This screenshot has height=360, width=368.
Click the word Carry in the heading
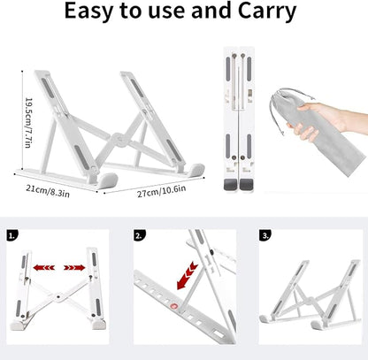click(x=266, y=11)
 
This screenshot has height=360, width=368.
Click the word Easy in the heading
click(x=88, y=11)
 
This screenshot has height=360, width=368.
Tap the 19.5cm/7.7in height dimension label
click(x=28, y=123)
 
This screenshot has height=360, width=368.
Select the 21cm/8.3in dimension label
click(x=48, y=191)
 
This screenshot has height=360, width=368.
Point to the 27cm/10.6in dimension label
click(x=161, y=191)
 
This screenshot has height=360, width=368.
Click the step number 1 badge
click(x=12, y=235)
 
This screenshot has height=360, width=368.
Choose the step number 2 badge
click(x=140, y=235)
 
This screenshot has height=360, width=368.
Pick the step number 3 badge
click(x=265, y=235)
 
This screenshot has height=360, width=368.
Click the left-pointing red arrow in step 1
click(x=44, y=268)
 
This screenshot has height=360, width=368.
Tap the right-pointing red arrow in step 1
click(x=74, y=268)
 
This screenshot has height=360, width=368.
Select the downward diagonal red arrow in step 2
click(x=187, y=275)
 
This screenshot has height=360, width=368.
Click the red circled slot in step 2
click(x=174, y=307)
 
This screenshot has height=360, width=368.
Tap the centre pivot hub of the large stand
click(x=119, y=140)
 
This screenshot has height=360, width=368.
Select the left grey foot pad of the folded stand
click(x=230, y=185)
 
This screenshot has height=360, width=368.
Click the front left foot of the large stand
click(x=107, y=180)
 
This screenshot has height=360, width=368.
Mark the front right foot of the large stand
click(x=195, y=171)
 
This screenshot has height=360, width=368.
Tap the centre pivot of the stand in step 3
click(x=309, y=301)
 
